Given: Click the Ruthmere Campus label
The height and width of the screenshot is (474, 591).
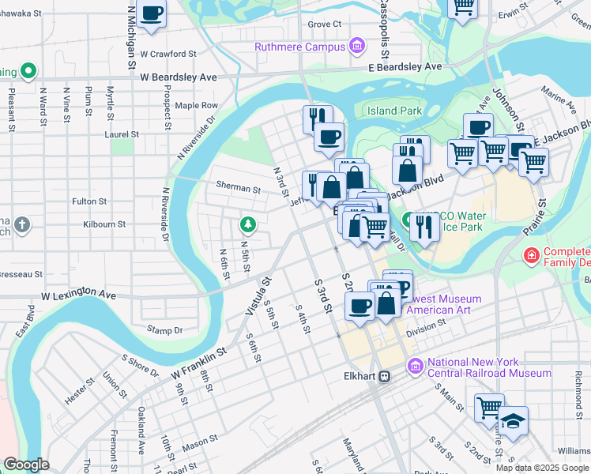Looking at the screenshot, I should point(299,47).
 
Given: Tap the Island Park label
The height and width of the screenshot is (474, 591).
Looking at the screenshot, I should point(395,111).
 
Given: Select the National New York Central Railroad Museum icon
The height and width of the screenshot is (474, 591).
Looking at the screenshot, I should point(416,367).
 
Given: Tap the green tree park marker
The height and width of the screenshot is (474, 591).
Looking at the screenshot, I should point(248,226).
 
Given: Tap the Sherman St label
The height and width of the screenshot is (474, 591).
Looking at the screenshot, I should point(239,189).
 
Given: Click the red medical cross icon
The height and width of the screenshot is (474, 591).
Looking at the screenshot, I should point(533,256).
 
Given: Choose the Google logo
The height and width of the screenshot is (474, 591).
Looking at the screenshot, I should point(27,465).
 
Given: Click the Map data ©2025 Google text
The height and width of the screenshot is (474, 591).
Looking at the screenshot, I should point(542,468).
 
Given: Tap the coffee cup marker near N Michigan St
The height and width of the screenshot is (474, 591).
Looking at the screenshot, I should point(150,13).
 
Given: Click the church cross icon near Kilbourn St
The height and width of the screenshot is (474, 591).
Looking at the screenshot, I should point(22,224).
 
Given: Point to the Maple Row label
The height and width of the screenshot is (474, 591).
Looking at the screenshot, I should point(196,105).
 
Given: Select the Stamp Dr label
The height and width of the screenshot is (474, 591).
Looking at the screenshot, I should point(165,329).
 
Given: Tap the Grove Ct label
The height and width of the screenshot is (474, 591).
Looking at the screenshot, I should point(324,24).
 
